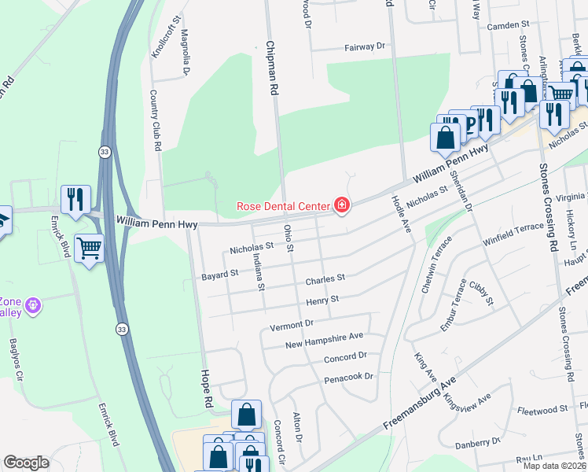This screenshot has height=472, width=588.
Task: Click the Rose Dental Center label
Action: (283, 207)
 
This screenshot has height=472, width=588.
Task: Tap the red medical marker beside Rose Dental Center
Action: (342, 207)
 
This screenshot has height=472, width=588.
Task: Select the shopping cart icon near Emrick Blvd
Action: (89, 249)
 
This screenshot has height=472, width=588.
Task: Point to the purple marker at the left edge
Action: (32, 304)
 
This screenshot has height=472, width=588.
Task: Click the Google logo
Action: (26, 463)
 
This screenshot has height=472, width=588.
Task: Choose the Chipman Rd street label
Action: (274, 68)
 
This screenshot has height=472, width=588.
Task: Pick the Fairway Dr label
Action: (364, 47)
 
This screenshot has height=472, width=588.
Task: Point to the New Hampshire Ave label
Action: (324, 340)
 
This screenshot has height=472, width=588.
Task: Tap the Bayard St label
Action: (219, 274)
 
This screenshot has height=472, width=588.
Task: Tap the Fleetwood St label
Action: (543, 410)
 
